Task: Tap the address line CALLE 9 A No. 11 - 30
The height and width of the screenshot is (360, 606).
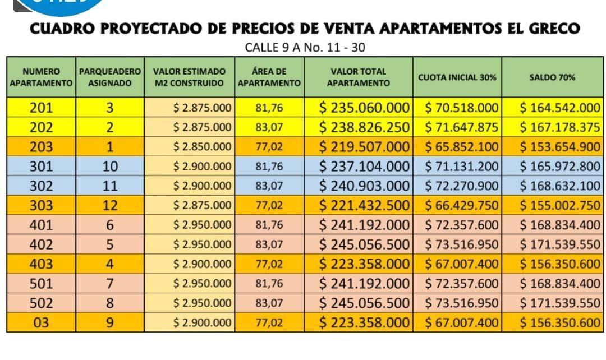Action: tap(305, 48)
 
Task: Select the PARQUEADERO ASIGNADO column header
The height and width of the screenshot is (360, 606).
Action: tap(109, 77)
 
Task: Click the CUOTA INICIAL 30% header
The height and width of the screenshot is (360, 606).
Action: tap(457, 77)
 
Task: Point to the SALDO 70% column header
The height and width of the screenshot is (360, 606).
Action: tap(552, 77)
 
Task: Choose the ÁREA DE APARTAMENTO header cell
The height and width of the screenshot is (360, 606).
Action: tap(269, 77)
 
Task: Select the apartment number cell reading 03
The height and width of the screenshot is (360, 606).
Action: tap(41, 322)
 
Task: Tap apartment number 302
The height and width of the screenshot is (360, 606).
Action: tap(41, 186)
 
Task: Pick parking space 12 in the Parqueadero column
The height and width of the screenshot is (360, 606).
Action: tap(110, 205)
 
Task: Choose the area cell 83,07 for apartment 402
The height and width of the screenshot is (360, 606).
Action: tap(269, 244)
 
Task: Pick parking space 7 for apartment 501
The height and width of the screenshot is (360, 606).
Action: tap(110, 284)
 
